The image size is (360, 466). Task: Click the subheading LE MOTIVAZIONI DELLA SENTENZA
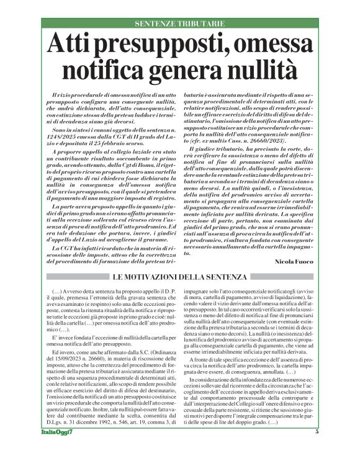[180, 276]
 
